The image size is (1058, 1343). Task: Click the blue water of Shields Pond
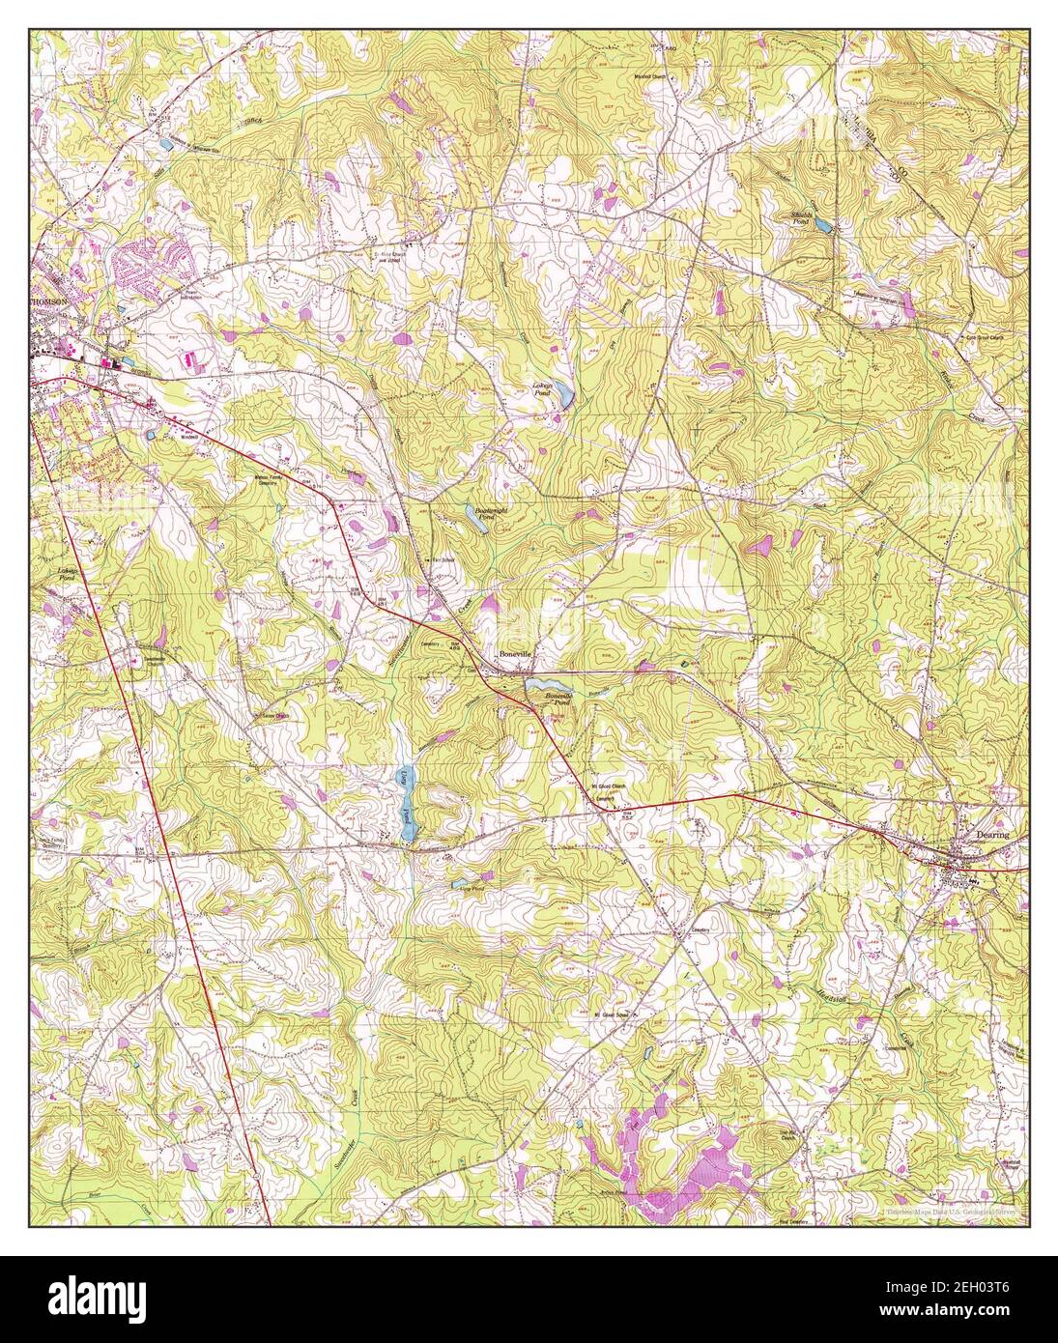[x=823, y=225]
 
